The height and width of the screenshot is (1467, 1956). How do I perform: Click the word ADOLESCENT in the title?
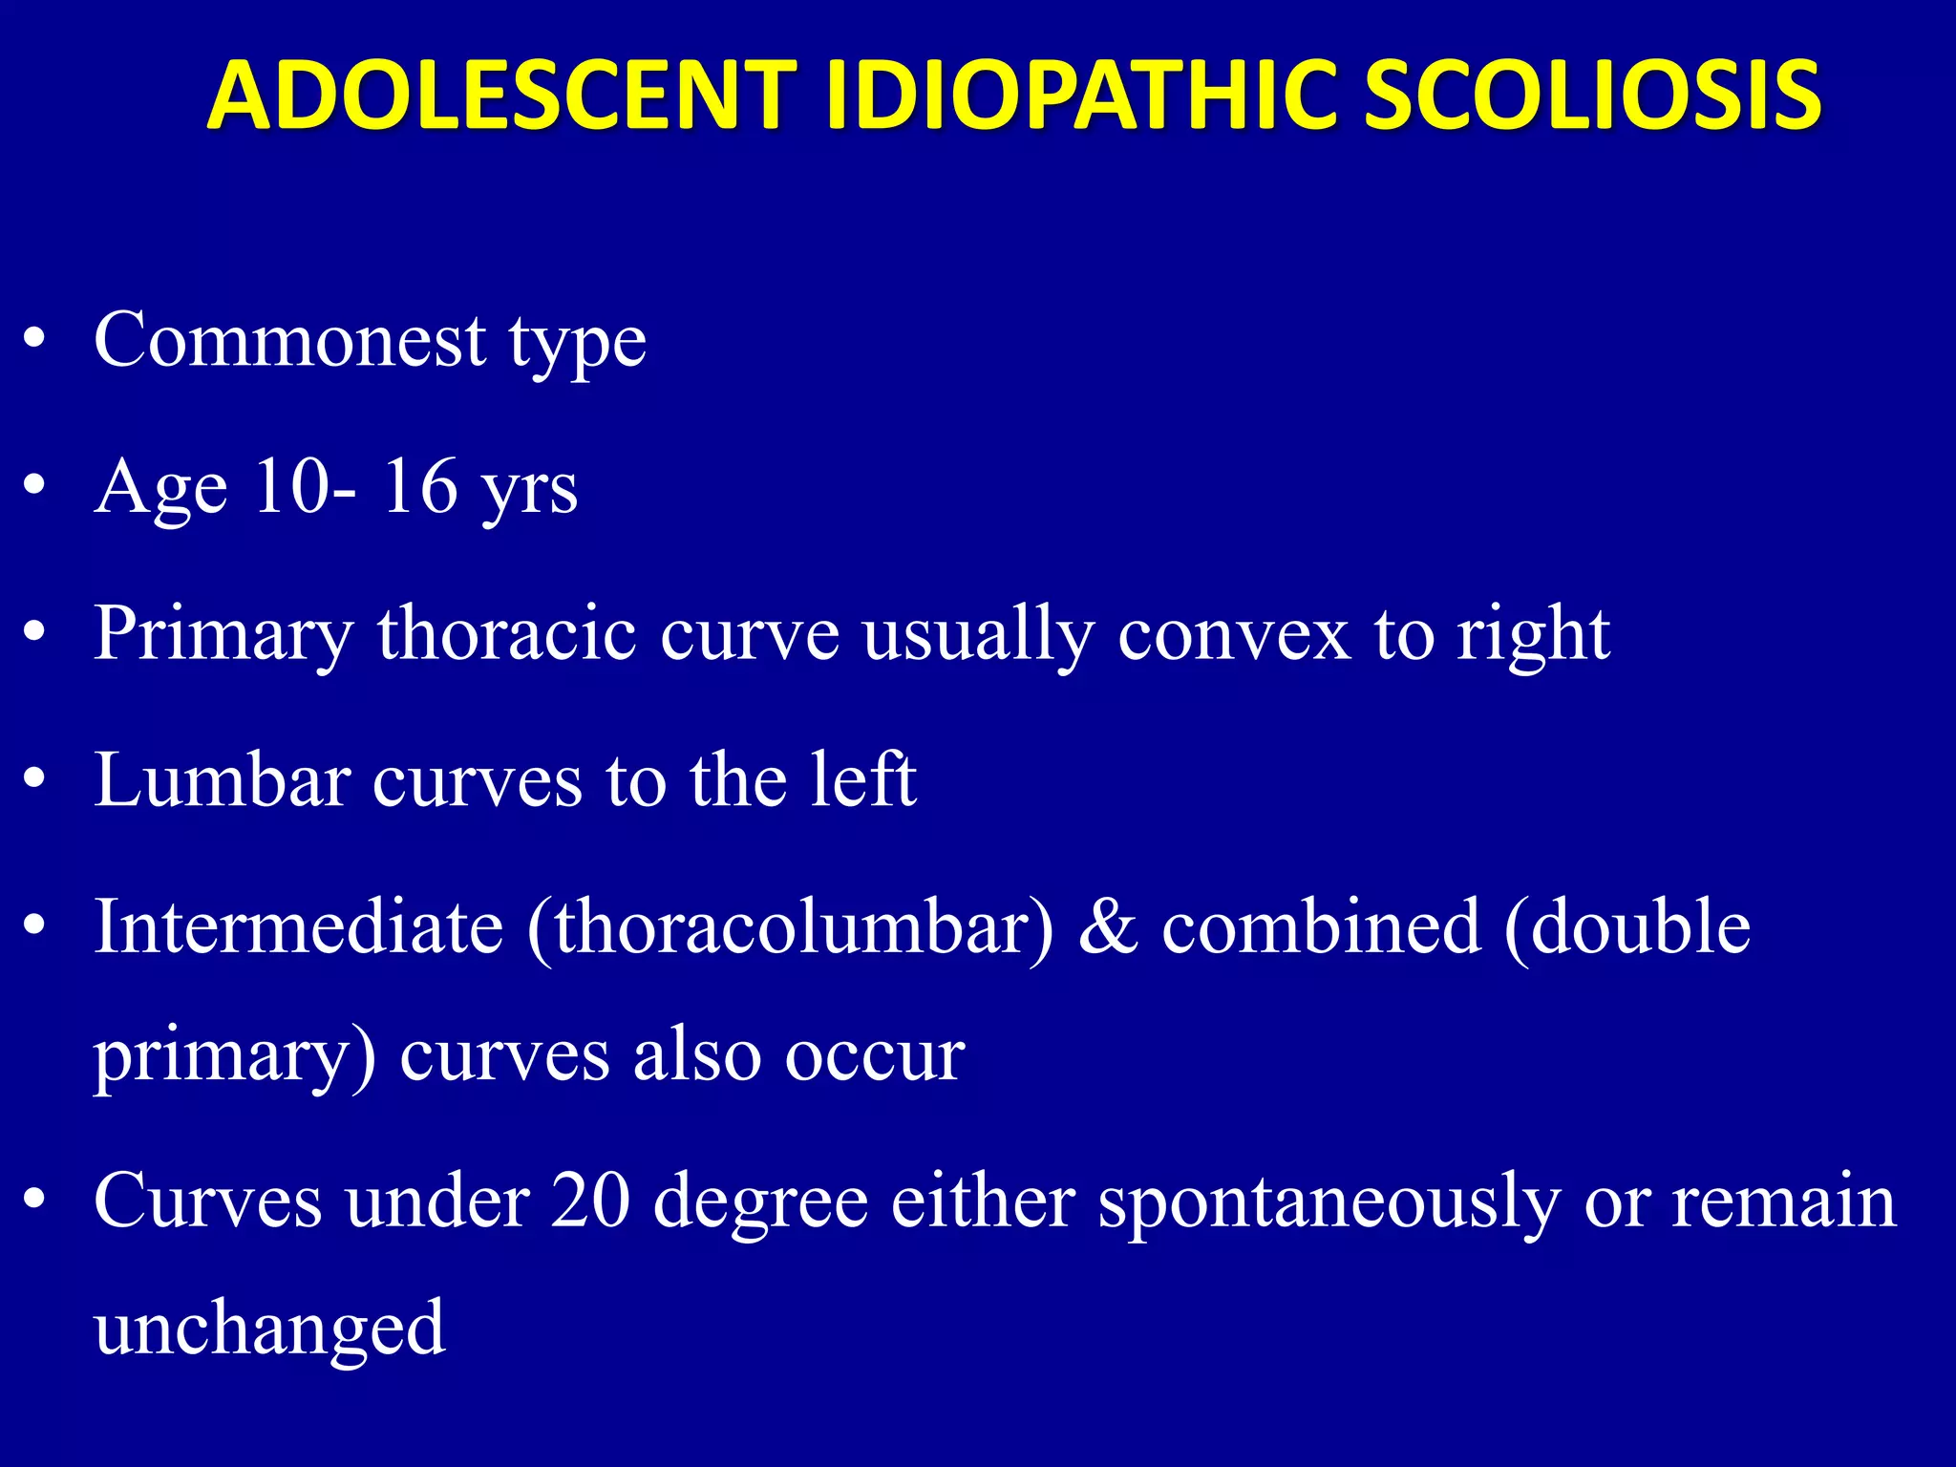[502, 96]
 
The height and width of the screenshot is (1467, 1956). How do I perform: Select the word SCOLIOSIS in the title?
[1591, 96]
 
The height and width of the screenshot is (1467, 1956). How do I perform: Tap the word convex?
[1234, 635]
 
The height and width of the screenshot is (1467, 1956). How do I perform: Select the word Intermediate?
[299, 926]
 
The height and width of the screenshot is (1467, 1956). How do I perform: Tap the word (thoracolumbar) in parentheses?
[791, 928]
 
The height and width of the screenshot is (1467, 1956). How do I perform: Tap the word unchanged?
[270, 1329]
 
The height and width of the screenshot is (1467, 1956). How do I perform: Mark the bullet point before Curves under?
[35, 1200]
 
